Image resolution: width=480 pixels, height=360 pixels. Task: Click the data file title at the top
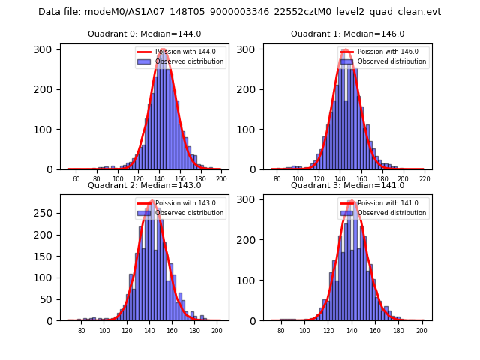click(x=239, y=12)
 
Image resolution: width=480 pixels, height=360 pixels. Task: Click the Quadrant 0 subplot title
click(x=144, y=34)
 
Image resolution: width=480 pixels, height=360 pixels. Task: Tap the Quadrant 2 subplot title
click(x=144, y=185)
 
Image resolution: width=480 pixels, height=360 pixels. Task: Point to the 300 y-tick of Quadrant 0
click(x=44, y=49)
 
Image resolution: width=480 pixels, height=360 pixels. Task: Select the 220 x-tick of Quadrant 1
click(x=424, y=179)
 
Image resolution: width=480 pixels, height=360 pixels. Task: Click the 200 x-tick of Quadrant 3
click(x=421, y=331)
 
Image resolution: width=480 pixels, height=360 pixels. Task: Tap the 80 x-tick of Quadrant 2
click(x=82, y=331)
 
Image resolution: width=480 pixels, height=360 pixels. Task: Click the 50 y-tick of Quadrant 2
click(x=47, y=299)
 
